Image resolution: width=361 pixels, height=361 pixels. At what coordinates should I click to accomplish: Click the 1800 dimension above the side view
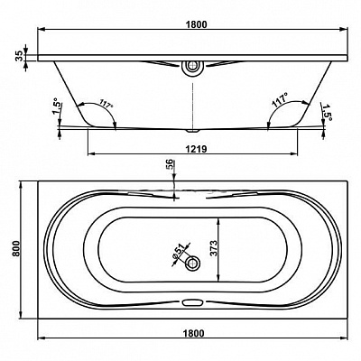[x=197, y=24]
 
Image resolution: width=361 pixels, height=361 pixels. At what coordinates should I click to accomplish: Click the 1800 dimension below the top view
[x=193, y=333]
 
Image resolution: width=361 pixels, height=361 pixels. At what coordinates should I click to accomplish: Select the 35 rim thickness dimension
[x=19, y=56]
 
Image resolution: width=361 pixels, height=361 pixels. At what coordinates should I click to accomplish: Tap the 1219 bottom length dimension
[x=197, y=149]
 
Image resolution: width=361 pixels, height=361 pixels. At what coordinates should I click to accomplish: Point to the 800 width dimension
[x=16, y=248]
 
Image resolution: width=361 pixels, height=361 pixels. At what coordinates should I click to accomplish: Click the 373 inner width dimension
[x=213, y=248]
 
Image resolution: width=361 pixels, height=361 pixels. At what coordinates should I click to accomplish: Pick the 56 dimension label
[x=170, y=164]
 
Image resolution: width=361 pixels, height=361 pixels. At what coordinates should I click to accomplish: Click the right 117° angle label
[x=280, y=101]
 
